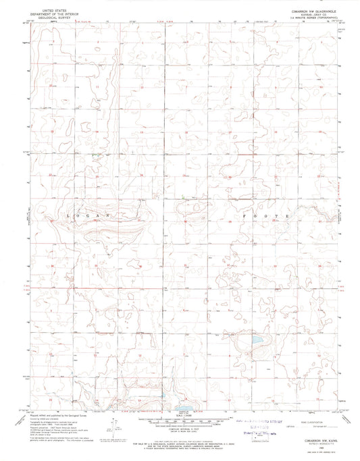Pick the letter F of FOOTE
coord(245,215)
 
